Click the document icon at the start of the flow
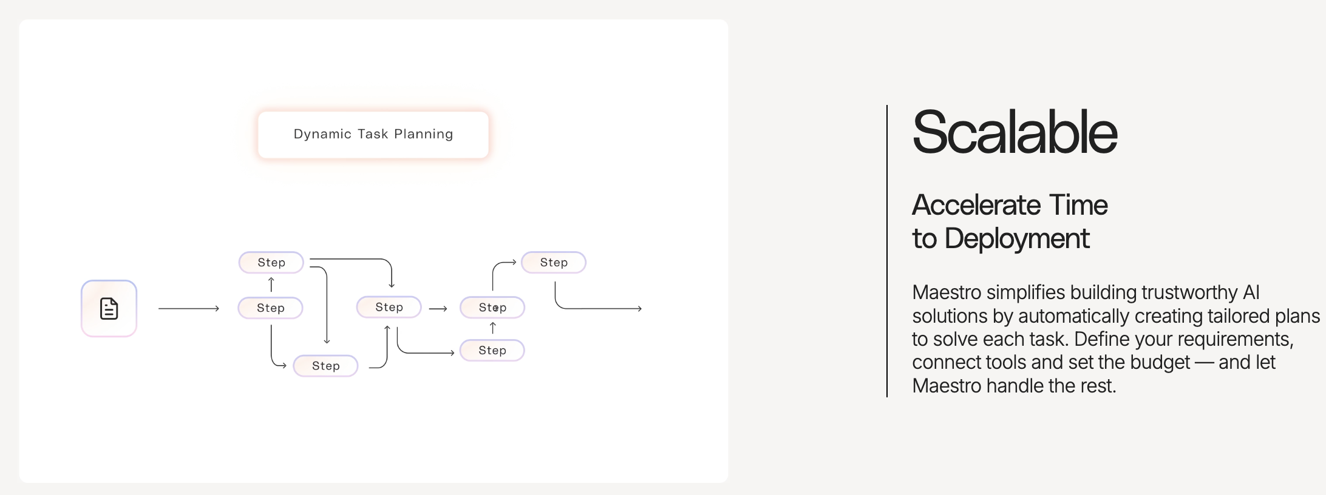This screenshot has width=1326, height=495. (109, 308)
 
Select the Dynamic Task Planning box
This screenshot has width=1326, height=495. (373, 135)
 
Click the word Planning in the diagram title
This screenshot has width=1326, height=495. (424, 134)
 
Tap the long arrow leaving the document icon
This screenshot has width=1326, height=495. (189, 309)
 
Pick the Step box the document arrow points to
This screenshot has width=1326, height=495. (271, 308)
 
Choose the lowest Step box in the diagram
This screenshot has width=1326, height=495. (326, 366)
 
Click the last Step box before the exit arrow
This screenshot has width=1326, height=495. (554, 263)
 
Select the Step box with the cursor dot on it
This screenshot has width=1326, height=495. (492, 308)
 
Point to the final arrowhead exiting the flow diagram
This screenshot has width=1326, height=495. (639, 309)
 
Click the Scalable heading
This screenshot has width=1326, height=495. (1015, 132)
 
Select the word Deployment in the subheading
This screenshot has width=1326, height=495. (1017, 239)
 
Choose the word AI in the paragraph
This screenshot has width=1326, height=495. (1251, 292)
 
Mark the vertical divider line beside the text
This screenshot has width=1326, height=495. (887, 251)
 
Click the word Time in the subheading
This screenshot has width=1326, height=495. (1078, 205)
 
